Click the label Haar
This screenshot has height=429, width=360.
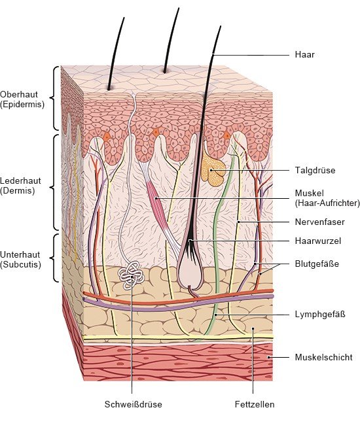click(x=304, y=54)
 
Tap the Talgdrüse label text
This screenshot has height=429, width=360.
click(x=315, y=170)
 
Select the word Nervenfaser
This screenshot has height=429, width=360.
click(x=319, y=222)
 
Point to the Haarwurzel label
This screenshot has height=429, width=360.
click(x=318, y=241)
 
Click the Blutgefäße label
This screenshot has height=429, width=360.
click(x=317, y=264)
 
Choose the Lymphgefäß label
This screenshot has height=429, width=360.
click(x=320, y=315)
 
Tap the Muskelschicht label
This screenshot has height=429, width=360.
click(x=323, y=357)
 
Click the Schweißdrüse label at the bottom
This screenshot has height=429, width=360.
click(x=133, y=404)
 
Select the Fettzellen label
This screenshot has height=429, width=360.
click(x=255, y=404)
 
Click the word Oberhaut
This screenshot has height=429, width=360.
click(x=19, y=94)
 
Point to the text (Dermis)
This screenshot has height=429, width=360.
click(x=18, y=191)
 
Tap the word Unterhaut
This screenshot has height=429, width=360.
click(x=20, y=255)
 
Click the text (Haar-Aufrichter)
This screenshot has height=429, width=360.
click(x=327, y=203)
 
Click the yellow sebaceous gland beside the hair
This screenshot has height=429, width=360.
click(x=213, y=171)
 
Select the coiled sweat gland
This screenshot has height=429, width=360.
click(x=131, y=275)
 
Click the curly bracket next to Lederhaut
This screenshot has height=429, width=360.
click(x=54, y=182)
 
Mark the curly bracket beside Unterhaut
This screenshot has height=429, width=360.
click(x=54, y=258)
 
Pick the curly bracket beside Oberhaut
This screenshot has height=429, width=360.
click(x=54, y=98)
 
